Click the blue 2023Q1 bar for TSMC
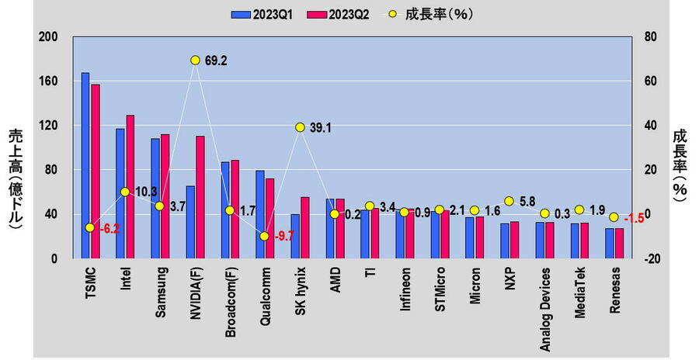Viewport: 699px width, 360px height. click(x=85, y=166)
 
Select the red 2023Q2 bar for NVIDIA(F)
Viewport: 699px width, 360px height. click(x=200, y=197)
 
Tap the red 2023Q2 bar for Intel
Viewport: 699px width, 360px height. click(x=130, y=187)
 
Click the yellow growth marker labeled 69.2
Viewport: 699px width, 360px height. click(x=195, y=60)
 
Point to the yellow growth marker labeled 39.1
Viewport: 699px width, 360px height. click(x=300, y=127)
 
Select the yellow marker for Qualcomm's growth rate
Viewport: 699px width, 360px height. click(x=265, y=236)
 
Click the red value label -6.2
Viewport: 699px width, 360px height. click(x=110, y=229)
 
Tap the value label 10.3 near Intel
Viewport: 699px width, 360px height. click(x=148, y=192)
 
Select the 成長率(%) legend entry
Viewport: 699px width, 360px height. click(x=433, y=14)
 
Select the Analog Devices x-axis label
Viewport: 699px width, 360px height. click(x=546, y=310)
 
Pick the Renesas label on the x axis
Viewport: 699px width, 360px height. click(x=616, y=290)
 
